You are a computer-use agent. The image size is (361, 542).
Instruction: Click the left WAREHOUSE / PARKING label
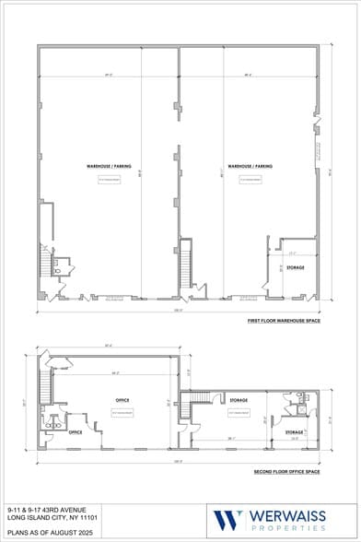point(109,166)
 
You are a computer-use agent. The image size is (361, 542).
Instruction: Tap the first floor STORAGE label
point(295,267)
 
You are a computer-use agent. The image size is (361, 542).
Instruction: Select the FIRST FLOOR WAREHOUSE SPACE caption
point(283,321)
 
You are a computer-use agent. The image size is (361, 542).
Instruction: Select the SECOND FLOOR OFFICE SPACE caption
point(286,471)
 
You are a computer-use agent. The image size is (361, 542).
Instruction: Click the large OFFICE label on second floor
point(122,400)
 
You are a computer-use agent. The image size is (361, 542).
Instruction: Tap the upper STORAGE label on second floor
point(239,400)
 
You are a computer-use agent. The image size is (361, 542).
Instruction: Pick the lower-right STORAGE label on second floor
point(294,431)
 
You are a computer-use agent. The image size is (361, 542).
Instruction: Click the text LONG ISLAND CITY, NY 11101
point(49,518)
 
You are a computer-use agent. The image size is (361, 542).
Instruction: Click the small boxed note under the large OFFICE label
point(122,414)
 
